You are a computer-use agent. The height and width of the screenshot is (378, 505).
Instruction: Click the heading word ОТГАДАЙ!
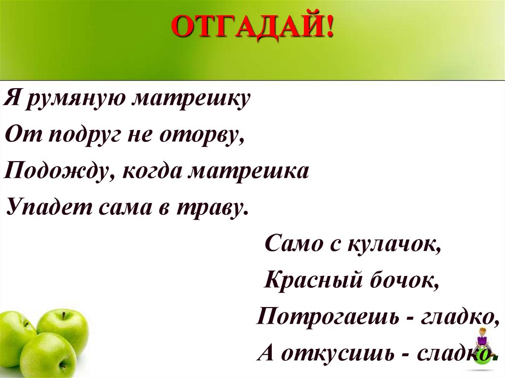[252, 28]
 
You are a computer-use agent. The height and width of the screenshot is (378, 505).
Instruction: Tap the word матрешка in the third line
[250, 172]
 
